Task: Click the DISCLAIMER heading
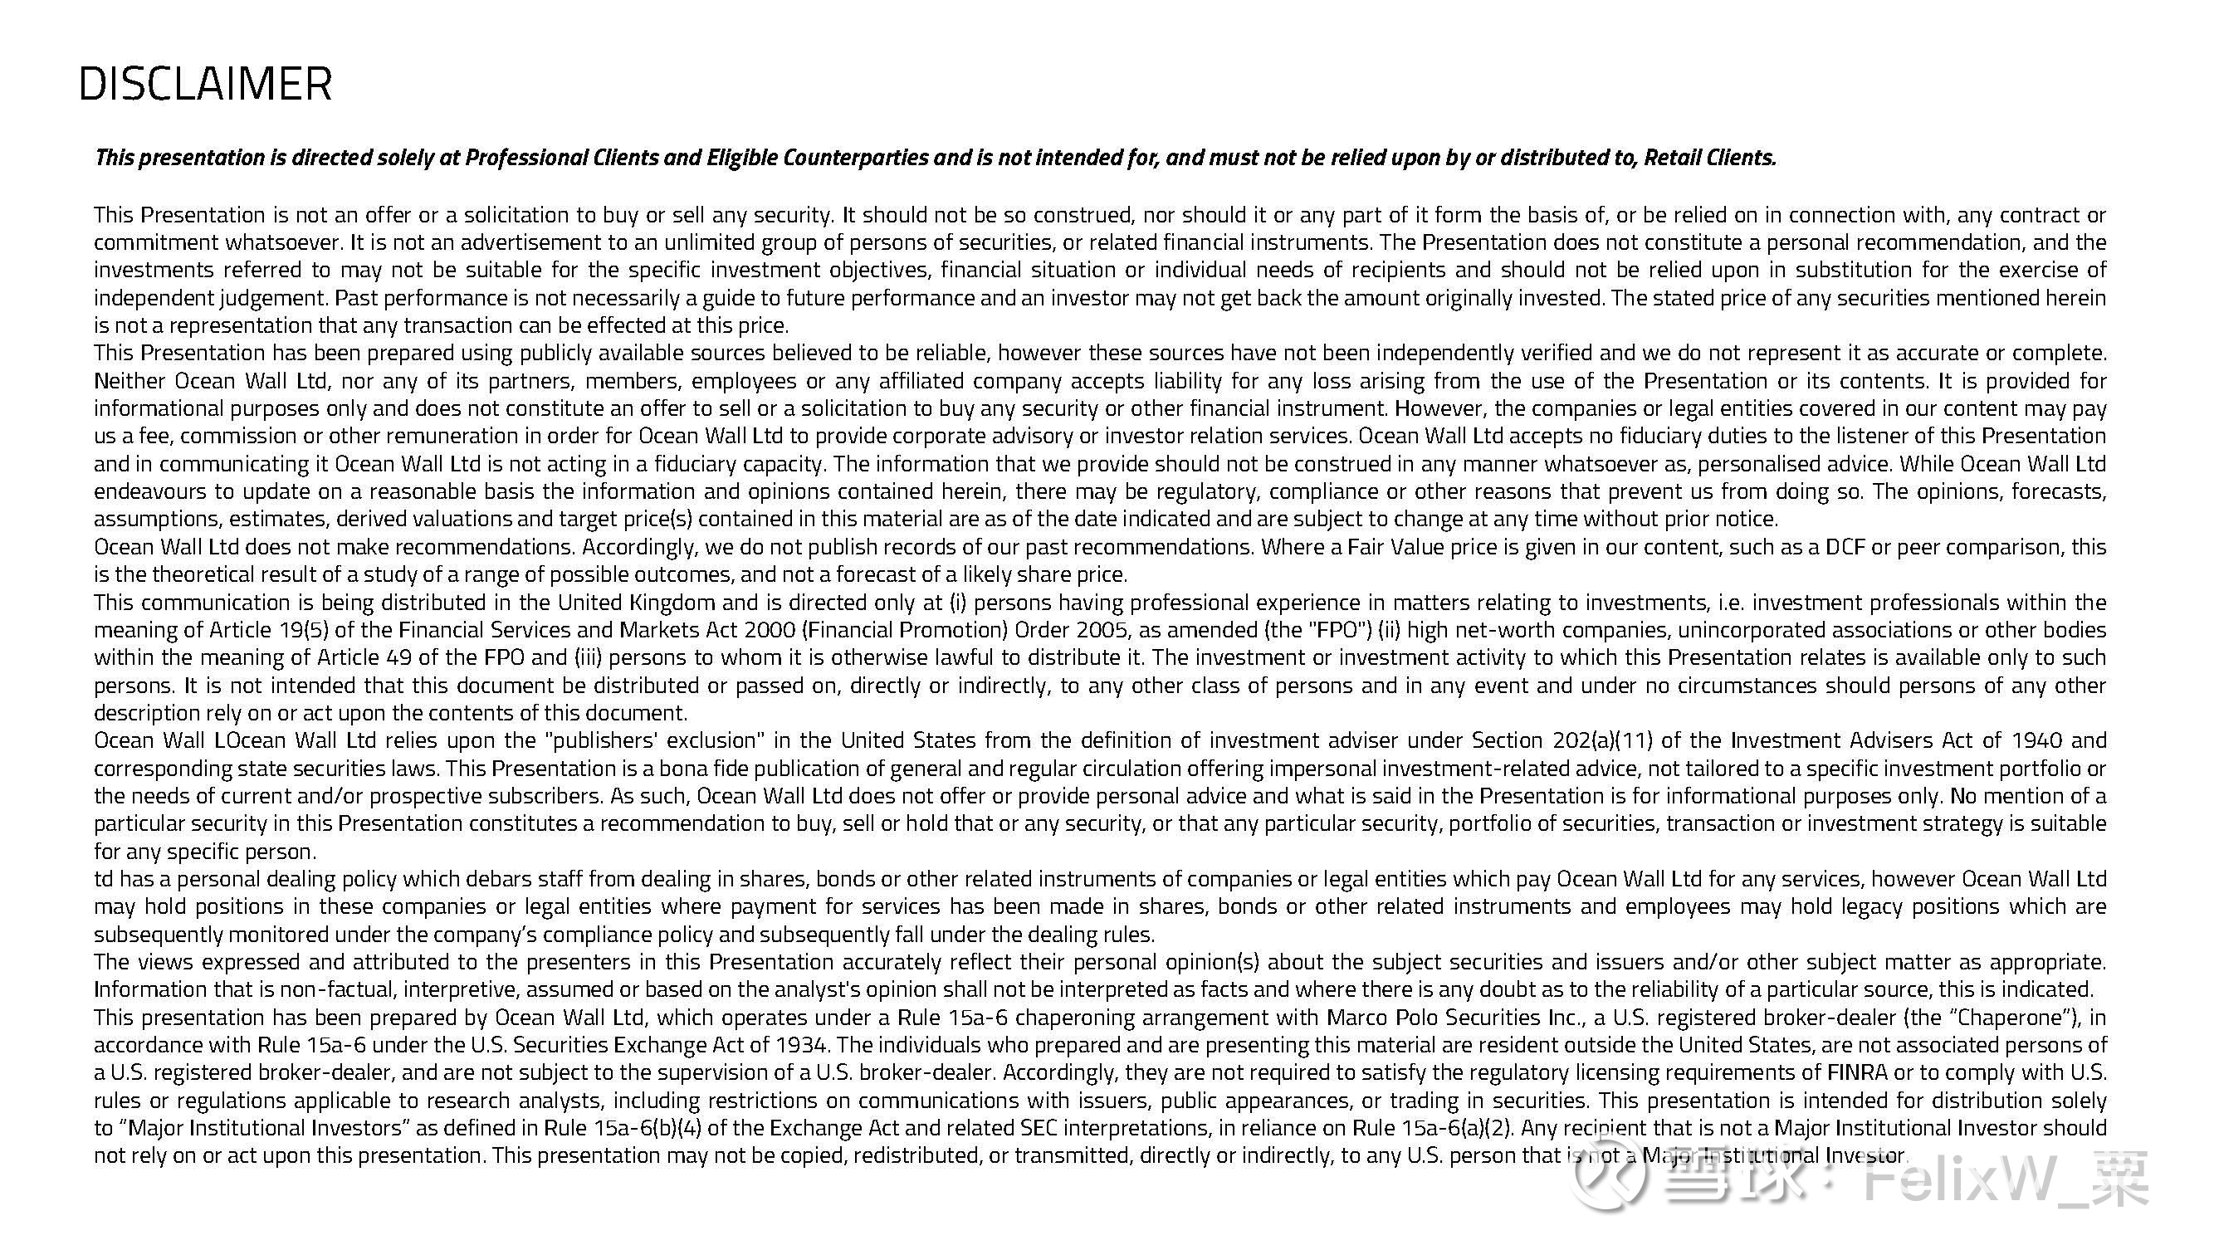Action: point(204,84)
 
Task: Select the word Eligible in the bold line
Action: point(741,158)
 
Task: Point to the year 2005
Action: point(1101,630)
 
